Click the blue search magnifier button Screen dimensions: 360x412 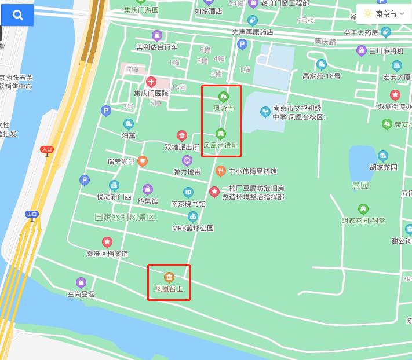[x=17, y=15]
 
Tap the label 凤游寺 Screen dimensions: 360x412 [x=223, y=108]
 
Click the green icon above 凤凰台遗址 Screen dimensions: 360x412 [x=220, y=134]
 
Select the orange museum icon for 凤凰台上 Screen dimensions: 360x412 [x=169, y=277]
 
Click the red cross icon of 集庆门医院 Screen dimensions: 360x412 [x=151, y=82]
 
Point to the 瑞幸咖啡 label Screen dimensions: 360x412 [x=121, y=161]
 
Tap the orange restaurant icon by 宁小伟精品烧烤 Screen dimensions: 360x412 [x=220, y=171]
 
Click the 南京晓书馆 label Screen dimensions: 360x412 [x=188, y=204]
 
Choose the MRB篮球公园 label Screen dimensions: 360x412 [x=193, y=228]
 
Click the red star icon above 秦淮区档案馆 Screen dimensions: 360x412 [x=107, y=241]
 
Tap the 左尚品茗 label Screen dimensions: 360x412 [x=81, y=294]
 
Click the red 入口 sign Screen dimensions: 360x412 [x=47, y=149]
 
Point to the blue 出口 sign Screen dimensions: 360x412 [x=32, y=214]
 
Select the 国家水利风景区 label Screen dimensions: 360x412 [x=125, y=217]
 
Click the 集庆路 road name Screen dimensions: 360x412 [x=325, y=42]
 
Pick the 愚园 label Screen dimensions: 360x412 [x=360, y=186]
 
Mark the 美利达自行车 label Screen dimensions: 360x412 [x=156, y=47]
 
